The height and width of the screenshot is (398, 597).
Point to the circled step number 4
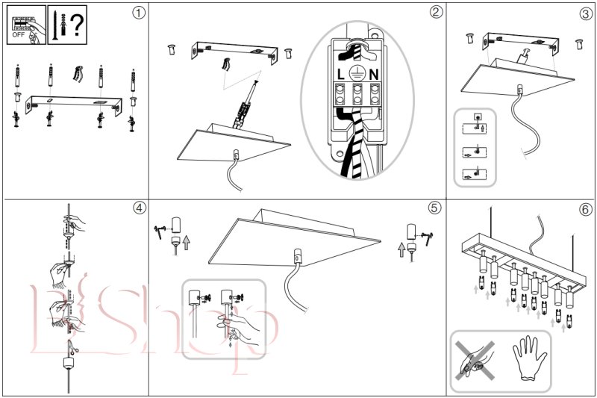click(136, 208)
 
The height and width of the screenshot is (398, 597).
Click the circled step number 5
click(435, 208)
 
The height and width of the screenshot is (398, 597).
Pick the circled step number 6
click(584, 208)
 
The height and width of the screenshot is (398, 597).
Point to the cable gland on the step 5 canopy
click(298, 256)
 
